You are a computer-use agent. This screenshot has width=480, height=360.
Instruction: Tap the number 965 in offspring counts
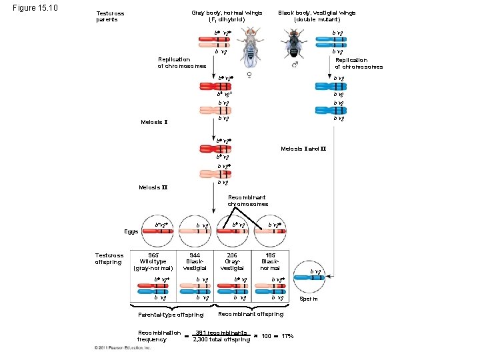click(153, 255)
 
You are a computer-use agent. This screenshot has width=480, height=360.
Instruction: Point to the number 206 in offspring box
click(232, 255)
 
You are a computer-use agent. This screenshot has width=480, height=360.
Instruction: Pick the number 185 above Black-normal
click(270, 255)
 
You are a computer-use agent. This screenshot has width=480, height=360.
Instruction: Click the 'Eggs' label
click(131, 231)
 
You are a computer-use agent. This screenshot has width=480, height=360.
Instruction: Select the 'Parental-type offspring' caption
click(171, 315)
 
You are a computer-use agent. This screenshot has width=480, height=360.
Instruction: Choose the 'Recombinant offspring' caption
click(251, 314)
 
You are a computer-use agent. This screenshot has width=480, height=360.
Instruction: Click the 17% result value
click(288, 335)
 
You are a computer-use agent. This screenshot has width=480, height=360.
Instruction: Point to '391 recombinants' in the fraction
click(221, 332)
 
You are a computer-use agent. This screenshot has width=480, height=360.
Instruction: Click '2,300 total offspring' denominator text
click(221, 339)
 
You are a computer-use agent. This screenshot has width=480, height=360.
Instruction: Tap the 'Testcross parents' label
click(110, 17)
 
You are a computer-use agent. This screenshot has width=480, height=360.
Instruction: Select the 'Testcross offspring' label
click(109, 259)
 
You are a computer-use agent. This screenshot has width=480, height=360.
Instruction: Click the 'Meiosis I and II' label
click(303, 148)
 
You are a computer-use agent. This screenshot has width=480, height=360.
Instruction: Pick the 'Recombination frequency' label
click(159, 335)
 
